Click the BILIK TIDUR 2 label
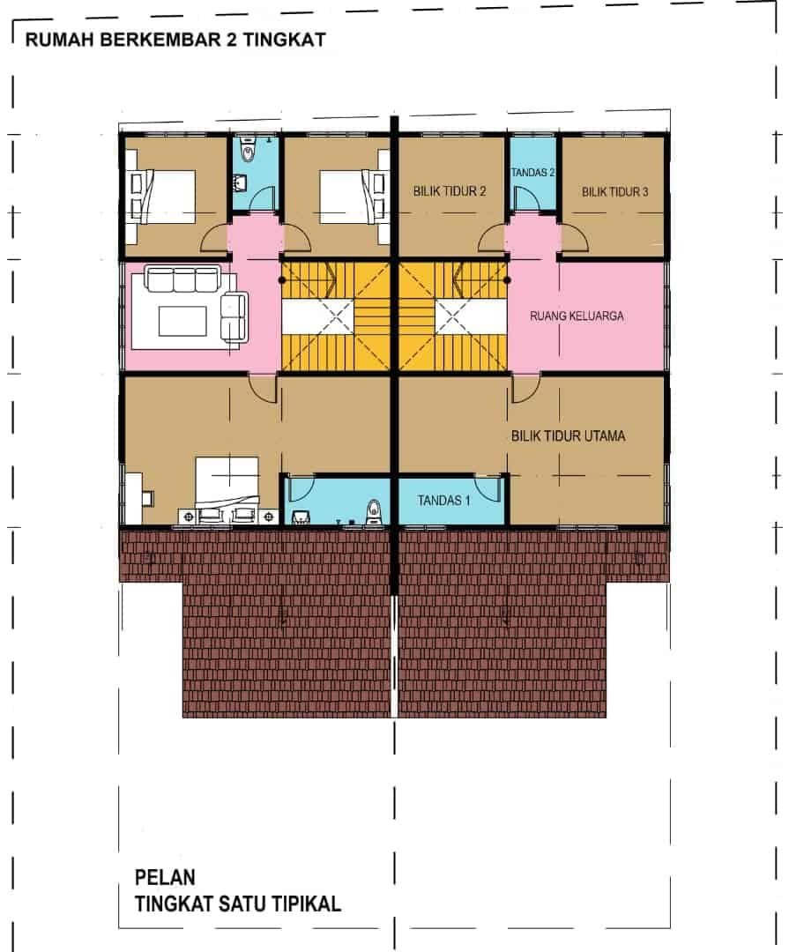point(450,191)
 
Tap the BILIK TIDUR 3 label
point(614,192)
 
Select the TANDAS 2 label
point(532,173)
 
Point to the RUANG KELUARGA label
point(577,316)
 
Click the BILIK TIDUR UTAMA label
point(568,435)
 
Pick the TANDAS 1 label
point(443,501)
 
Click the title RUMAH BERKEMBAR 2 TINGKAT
point(175,40)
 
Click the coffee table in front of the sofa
point(182,321)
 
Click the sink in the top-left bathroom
point(241,181)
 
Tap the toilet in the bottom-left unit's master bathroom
point(374,512)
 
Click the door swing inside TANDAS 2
point(524,198)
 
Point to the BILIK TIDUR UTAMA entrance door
point(525,390)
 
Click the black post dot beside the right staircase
point(507,280)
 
